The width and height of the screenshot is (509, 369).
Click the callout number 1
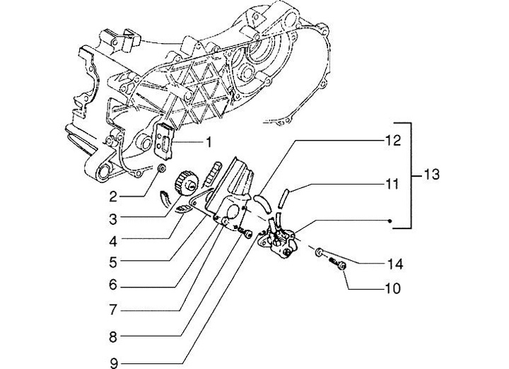[x=209, y=143]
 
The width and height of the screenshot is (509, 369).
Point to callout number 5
[x=113, y=263]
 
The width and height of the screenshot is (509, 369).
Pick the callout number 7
[x=113, y=310]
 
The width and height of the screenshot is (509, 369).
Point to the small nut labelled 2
[x=161, y=169]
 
